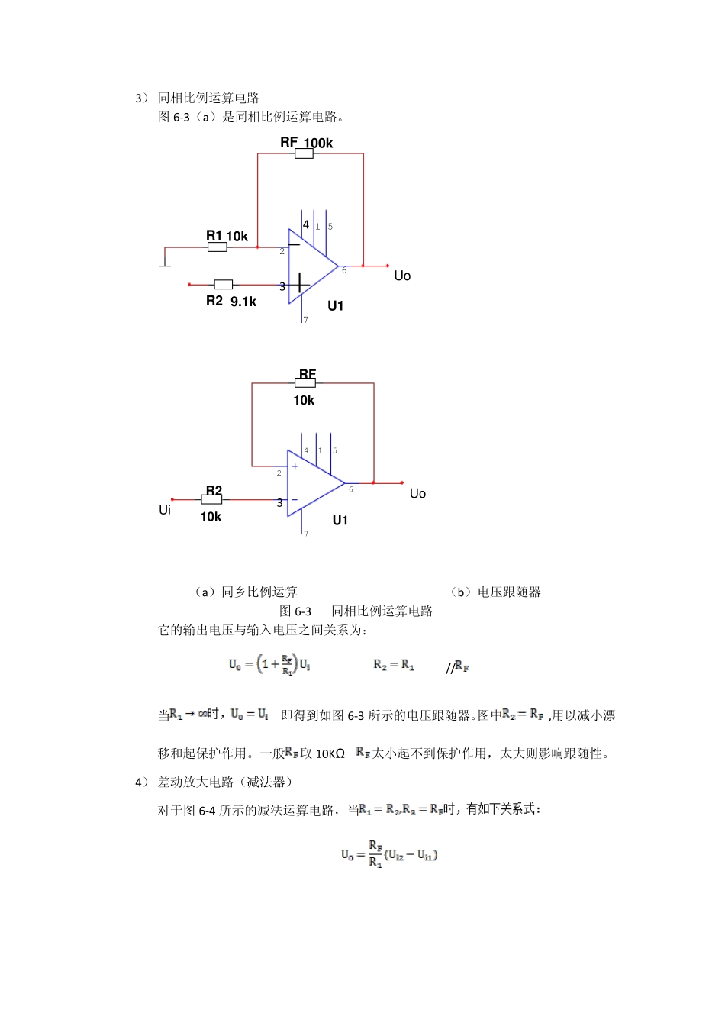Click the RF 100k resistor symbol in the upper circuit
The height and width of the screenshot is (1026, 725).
pos(304,153)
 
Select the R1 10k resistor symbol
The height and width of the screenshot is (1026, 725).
pos(217,247)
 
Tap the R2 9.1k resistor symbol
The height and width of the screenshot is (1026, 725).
pos(223,285)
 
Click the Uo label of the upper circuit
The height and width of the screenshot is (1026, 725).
pos(402,276)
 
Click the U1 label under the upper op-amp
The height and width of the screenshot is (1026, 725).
pos(336,306)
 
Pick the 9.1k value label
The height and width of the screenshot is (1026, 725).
pos(243,302)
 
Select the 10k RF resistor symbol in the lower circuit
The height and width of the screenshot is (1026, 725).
pos(305,383)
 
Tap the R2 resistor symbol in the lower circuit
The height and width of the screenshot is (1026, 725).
pos(211,499)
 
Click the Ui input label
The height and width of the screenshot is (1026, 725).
pos(165,509)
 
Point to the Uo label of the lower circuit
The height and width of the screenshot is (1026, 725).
pos(417,494)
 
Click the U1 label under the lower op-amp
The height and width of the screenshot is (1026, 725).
pos(340,521)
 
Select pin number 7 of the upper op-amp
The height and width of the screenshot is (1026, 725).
pos(306,320)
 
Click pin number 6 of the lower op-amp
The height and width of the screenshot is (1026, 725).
pos(351,489)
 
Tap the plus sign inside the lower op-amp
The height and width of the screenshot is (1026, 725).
pos(295,466)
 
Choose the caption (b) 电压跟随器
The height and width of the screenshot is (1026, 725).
pos(495,592)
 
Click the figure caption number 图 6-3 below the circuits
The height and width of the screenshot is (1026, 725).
pos(295,611)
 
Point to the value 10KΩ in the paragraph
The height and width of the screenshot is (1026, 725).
pos(330,754)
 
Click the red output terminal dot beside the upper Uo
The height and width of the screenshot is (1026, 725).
pos(387,266)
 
